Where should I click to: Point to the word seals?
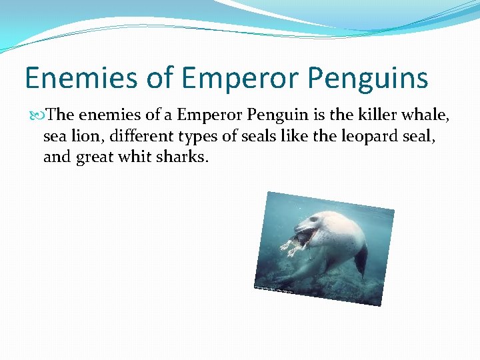click(256, 137)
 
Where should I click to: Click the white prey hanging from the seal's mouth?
click(290, 247)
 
